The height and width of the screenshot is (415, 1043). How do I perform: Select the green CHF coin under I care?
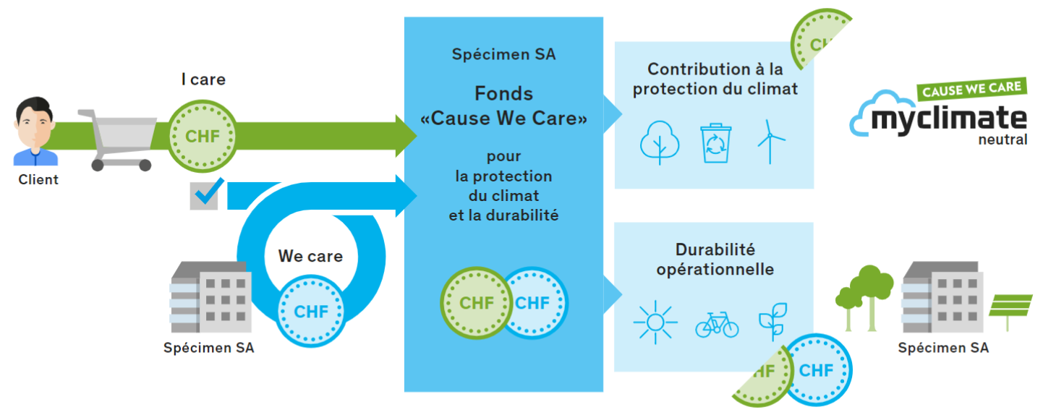click(x=202, y=137)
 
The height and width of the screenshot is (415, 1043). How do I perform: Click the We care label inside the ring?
click(x=310, y=256)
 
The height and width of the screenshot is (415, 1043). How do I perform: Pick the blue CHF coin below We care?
click(x=311, y=311)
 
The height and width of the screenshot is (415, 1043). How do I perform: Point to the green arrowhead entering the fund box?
click(x=406, y=136)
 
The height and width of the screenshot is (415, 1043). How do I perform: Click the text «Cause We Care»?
click(x=504, y=118)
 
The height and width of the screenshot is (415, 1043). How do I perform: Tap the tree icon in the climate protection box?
click(x=660, y=142)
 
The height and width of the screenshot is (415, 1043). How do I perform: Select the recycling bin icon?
click(x=715, y=143)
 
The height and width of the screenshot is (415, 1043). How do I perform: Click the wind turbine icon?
click(x=770, y=142)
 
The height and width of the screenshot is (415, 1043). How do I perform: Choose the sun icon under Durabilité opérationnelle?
click(x=655, y=322)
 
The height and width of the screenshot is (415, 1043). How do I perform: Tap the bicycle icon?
click(x=717, y=325)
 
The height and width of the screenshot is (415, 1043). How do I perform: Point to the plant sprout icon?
click(x=773, y=322)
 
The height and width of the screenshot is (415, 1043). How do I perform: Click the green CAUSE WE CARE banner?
click(x=972, y=89)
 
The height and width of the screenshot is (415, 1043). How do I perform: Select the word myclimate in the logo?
click(x=949, y=119)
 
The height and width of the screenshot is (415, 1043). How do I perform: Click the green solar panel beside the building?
click(x=1010, y=307)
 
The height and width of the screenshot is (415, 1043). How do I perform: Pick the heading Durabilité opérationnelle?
click(x=715, y=259)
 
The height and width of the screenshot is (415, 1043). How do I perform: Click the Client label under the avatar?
click(x=38, y=179)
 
